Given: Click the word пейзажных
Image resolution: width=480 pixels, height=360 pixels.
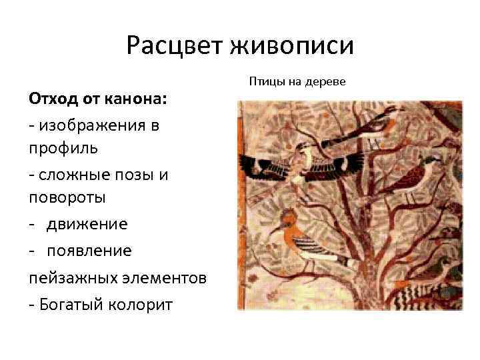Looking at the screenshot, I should (67, 277).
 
